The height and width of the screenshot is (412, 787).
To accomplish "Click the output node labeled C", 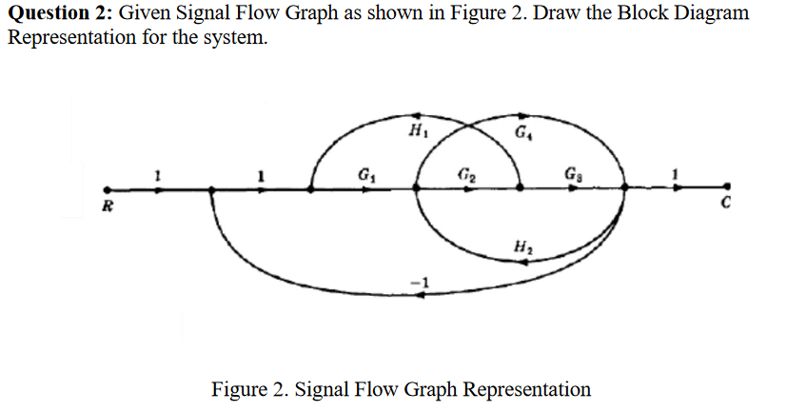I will (728, 188).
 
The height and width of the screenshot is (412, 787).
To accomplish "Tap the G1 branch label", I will (365, 174).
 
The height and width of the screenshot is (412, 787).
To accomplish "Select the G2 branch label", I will (465, 174).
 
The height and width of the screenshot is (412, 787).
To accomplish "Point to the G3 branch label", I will (570, 174).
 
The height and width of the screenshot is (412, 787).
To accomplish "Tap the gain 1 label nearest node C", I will (676, 173).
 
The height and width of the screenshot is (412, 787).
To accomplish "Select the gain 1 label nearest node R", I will (158, 173).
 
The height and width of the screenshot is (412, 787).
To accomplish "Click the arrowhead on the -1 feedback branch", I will (424, 294).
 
